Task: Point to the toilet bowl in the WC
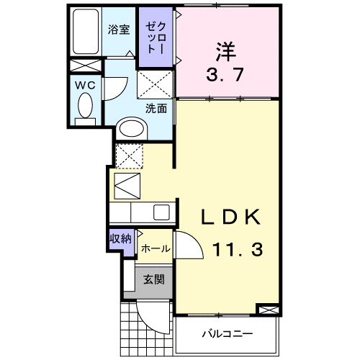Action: tap(86, 108)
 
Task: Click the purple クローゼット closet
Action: tap(155, 36)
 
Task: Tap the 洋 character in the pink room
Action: tap(224, 52)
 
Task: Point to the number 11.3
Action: tap(237, 250)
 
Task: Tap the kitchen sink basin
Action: tap(161, 212)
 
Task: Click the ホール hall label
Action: tap(155, 249)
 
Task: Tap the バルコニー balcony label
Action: tap(226, 334)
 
